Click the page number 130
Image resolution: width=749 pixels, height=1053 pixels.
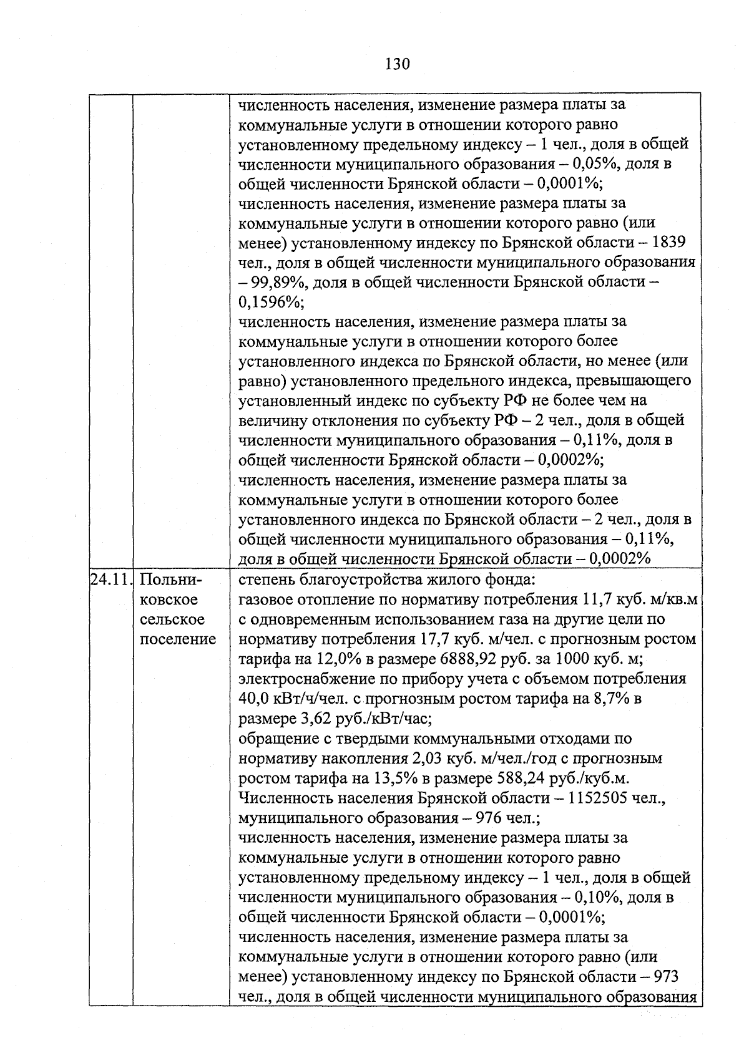click(x=397, y=64)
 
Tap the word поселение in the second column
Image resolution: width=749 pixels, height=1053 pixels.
click(x=178, y=639)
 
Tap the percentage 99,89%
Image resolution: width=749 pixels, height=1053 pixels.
click(x=277, y=282)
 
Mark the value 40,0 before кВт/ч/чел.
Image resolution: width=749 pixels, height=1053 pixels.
click(x=254, y=699)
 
